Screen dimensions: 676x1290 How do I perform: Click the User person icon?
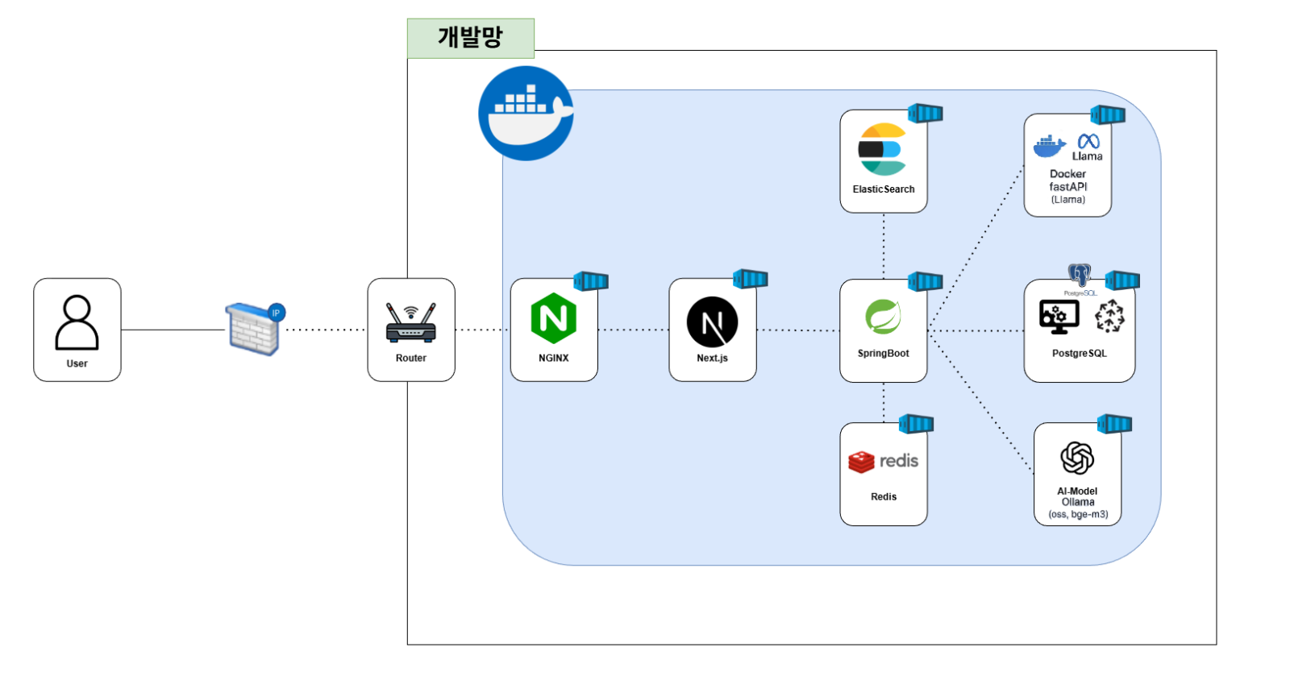[x=77, y=322]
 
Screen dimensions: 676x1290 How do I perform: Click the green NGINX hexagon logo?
[x=554, y=318]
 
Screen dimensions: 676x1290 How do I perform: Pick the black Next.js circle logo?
[x=712, y=322]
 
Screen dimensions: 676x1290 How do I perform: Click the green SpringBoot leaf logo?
[x=883, y=317]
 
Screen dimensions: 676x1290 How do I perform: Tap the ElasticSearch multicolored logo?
[x=883, y=150]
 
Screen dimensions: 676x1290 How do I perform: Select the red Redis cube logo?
[x=861, y=462]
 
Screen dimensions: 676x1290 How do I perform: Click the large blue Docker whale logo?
[x=526, y=114]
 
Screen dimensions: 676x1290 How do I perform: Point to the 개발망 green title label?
[x=470, y=38]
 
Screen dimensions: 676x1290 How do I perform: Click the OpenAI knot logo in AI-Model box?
[x=1077, y=458]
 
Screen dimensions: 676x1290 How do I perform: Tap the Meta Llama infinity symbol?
[x=1088, y=142]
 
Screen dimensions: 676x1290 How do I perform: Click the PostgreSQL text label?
[x=1079, y=354]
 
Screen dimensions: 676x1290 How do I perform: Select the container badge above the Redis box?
[x=916, y=424]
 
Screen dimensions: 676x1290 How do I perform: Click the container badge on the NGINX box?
[x=591, y=281]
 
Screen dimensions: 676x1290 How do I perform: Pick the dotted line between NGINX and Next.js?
[x=633, y=330]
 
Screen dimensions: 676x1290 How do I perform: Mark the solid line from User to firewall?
[x=173, y=330]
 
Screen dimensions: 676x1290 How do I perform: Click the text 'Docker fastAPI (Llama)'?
[x=1067, y=186]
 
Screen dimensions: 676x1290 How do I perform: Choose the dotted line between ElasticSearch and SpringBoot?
[x=884, y=246]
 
